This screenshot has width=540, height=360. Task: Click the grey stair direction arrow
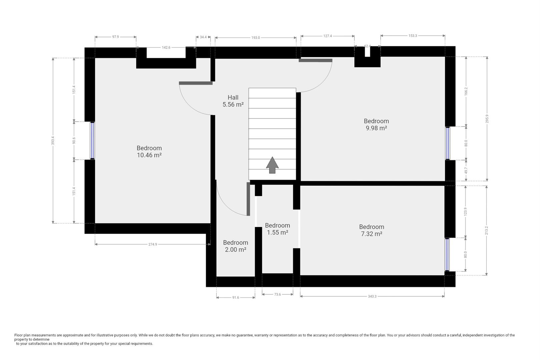pyautogui.click(x=272, y=165)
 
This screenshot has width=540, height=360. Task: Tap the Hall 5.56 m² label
pyautogui.click(x=233, y=101)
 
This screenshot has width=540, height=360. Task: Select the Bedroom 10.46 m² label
pyautogui.click(x=149, y=151)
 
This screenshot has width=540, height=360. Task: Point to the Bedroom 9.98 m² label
pyautogui.click(x=376, y=124)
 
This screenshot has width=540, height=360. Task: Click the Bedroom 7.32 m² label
pyautogui.click(x=371, y=230)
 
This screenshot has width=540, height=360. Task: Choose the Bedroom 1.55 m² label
pyautogui.click(x=277, y=229)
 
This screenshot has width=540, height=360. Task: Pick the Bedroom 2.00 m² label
pyautogui.click(x=236, y=246)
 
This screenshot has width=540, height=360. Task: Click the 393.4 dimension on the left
pyautogui.click(x=53, y=141)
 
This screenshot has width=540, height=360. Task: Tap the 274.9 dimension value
pyautogui.click(x=153, y=244)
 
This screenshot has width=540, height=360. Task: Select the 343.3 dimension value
pyautogui.click(x=372, y=296)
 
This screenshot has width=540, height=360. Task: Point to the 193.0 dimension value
pyautogui.click(x=256, y=38)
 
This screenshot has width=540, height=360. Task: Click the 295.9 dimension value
pyautogui.click(x=487, y=119)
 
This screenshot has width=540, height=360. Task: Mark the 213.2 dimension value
pyautogui.click(x=486, y=230)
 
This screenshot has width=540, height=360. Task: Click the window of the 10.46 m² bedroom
pyautogui.click(x=92, y=141)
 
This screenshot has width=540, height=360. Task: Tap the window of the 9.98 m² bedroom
pyautogui.click(x=447, y=143)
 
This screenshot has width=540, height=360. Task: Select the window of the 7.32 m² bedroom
pyautogui.click(x=447, y=255)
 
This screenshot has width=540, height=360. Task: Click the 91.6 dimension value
pyautogui.click(x=236, y=298)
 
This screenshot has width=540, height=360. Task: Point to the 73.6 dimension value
pyautogui.click(x=277, y=294)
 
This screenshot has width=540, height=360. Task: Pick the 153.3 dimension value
pyautogui.click(x=412, y=36)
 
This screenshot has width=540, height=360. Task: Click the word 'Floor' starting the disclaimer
pyautogui.click(x=18, y=335)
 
